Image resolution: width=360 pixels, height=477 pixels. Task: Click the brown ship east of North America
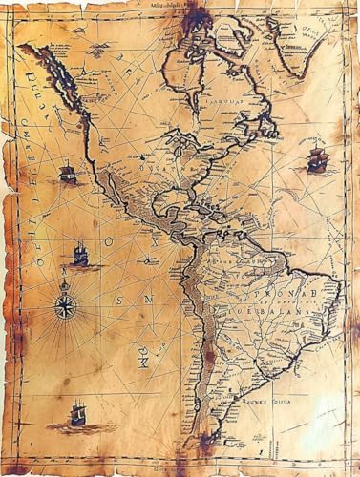click(x=316, y=159)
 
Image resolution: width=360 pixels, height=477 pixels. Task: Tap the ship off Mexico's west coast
click(x=67, y=173)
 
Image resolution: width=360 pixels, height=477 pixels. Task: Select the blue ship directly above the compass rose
click(x=80, y=255)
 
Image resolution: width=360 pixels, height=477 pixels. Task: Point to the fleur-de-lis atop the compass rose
click(x=66, y=283)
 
